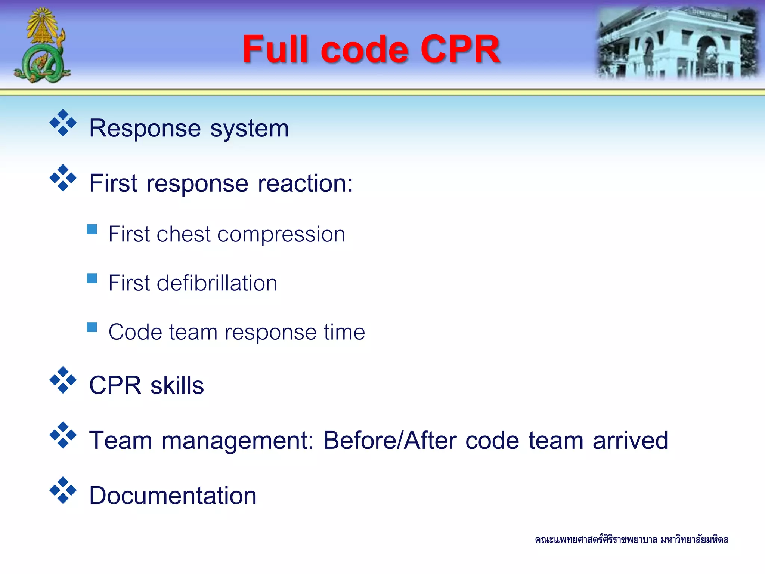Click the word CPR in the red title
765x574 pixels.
coord(460,49)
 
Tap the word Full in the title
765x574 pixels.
coord(276,49)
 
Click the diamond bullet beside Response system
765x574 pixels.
coord(63,123)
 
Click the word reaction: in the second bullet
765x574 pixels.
coord(305,183)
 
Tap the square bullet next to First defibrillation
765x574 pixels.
coord(92,278)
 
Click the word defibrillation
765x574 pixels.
coord(217,283)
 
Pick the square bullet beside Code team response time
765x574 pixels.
coord(92,327)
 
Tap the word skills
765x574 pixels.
coord(177,385)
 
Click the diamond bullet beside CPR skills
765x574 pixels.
coord(63,380)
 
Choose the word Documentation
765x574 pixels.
coord(173,496)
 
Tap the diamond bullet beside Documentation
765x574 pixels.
coord(63,490)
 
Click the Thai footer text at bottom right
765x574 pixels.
coord(631,540)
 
